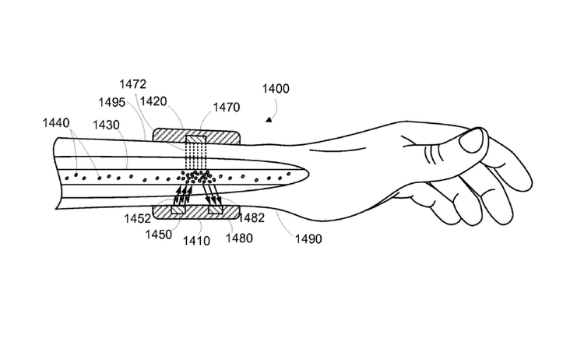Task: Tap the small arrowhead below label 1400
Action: click(x=269, y=119)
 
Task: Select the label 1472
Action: click(x=133, y=83)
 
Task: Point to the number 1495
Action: click(x=112, y=101)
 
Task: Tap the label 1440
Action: click(x=56, y=122)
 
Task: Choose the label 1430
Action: click(x=106, y=125)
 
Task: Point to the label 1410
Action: click(x=196, y=242)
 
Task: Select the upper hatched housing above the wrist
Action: click(x=196, y=136)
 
